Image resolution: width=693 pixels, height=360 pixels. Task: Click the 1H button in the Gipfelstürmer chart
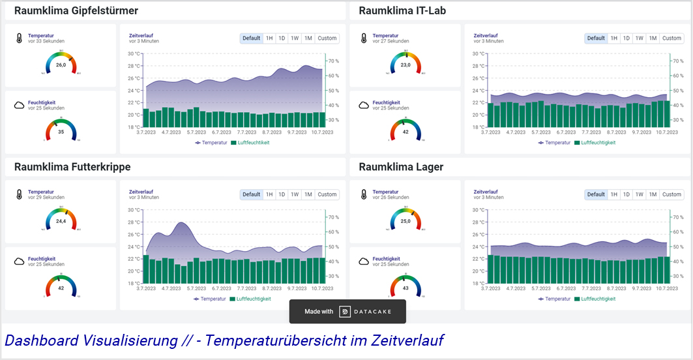tap(269, 38)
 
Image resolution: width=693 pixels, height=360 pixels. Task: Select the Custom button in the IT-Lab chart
tap(671, 38)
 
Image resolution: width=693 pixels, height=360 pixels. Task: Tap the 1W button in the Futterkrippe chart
tap(295, 194)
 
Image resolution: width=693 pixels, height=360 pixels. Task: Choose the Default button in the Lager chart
tap(596, 194)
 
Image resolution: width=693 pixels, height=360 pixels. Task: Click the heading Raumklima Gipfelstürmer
tap(76, 11)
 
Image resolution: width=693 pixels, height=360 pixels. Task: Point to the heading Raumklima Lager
tap(401, 167)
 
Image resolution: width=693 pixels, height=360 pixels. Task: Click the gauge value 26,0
tap(61, 65)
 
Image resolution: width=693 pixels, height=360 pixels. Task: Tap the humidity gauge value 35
tap(61, 132)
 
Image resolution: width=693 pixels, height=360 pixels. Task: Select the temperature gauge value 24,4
tap(61, 221)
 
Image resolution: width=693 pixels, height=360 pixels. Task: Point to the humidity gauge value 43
tap(405, 288)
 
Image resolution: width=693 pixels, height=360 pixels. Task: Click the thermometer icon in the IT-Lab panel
tap(364, 38)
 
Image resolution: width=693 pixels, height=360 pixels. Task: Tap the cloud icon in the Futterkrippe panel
tap(19, 262)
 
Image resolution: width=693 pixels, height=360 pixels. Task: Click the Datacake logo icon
tap(345, 312)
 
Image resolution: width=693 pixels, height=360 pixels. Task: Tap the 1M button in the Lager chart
tap(653, 194)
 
